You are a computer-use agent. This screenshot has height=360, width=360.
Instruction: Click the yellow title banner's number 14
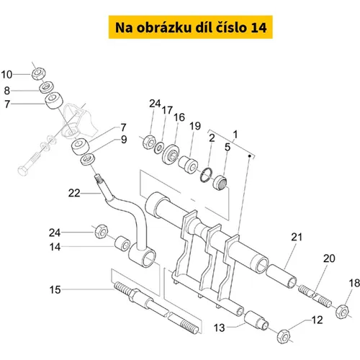pos(258,27)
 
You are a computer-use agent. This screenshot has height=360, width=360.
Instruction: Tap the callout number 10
pos(6,75)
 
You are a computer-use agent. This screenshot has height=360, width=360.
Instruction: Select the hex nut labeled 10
pos(38,73)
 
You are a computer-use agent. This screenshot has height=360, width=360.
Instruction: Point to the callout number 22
pos(74,193)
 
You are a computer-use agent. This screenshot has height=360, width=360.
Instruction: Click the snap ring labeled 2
pos(206,175)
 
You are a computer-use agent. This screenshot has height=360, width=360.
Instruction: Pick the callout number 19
pos(195,126)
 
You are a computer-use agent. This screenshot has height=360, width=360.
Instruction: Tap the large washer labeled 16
pos(171,154)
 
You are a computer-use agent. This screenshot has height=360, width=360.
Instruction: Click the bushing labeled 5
pos(220,183)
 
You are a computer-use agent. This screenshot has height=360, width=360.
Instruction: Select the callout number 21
pos(297,237)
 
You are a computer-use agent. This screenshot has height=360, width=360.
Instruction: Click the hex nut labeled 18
pos(343,311)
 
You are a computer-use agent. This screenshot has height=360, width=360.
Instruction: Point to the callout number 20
pos(329,258)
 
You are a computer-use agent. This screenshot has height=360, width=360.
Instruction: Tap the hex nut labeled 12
pos(284,336)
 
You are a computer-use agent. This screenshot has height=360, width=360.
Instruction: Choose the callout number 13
pos(220,328)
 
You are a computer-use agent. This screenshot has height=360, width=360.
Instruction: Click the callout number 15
pos(55,290)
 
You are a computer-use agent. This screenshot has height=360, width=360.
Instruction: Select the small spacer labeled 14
pos(122,243)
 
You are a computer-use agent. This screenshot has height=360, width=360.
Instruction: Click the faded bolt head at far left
pos(23,171)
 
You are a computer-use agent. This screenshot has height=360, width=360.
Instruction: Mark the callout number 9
pos(124,140)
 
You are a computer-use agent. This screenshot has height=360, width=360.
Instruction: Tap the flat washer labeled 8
pos(47,87)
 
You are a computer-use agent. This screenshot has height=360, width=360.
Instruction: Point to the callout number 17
pos(167,110)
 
